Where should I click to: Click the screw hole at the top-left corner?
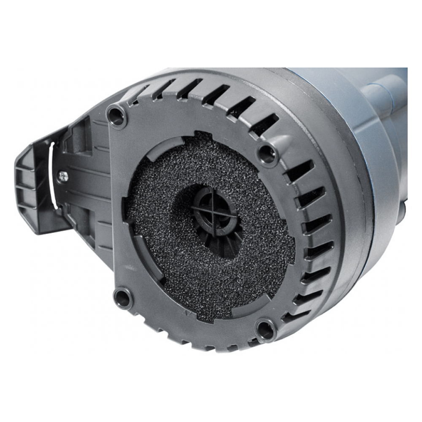117,116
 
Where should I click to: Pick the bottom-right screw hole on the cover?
265,329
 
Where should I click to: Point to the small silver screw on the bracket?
63,176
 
